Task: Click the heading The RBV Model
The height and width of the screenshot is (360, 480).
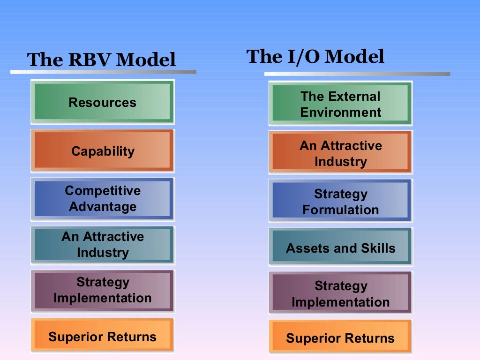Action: click(x=101, y=60)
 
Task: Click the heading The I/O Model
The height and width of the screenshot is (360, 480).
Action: click(x=315, y=57)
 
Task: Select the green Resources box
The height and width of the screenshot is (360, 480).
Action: click(x=102, y=102)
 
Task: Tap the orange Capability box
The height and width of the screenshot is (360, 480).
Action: click(x=102, y=151)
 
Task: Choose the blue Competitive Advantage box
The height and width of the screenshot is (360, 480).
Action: click(x=102, y=199)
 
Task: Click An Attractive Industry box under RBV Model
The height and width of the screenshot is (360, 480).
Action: click(x=102, y=245)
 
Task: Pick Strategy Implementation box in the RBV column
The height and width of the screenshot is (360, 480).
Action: click(x=102, y=290)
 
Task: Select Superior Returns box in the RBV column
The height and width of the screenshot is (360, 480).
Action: click(x=102, y=336)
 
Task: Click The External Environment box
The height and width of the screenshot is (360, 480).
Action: click(x=340, y=104)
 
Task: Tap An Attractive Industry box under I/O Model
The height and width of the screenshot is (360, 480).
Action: click(x=340, y=153)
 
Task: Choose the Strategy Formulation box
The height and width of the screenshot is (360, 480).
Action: click(x=340, y=202)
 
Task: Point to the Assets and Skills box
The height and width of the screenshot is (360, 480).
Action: click(x=340, y=248)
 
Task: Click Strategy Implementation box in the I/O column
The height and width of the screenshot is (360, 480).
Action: click(x=340, y=294)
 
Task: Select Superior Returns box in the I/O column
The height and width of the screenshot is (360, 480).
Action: click(x=340, y=338)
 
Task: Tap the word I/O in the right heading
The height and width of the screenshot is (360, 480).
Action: click(x=303, y=57)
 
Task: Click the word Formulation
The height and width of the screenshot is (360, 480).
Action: click(x=340, y=210)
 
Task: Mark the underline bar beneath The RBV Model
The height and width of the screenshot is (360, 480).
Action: click(x=103, y=72)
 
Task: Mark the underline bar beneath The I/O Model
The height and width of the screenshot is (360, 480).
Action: click(x=357, y=74)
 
